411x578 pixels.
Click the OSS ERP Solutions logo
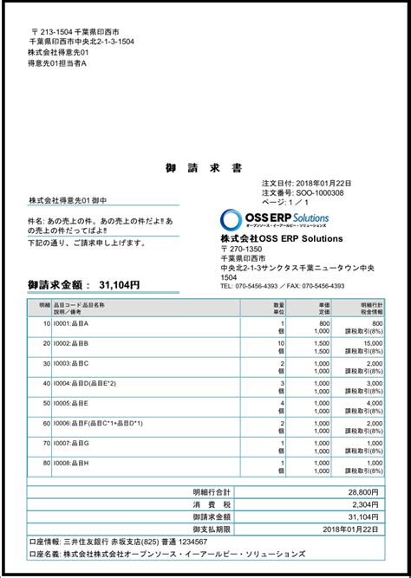274,219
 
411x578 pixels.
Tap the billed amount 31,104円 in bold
119,284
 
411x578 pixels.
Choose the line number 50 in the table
45,403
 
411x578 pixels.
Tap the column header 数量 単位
278,308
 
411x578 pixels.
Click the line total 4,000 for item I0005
373,403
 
